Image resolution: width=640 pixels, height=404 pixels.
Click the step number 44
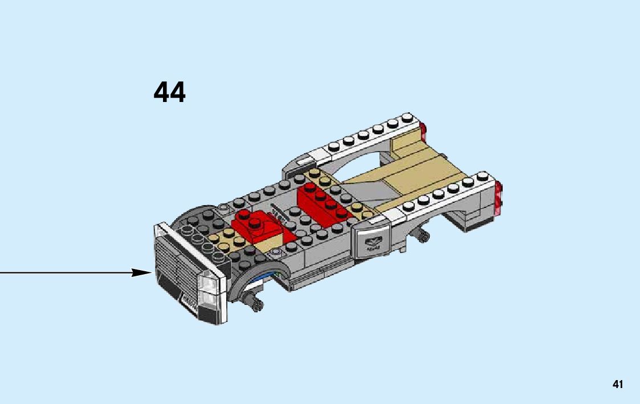pos(170,92)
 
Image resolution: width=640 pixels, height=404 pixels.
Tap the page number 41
pos(618,385)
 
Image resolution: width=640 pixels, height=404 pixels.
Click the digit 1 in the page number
pos(621,385)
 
